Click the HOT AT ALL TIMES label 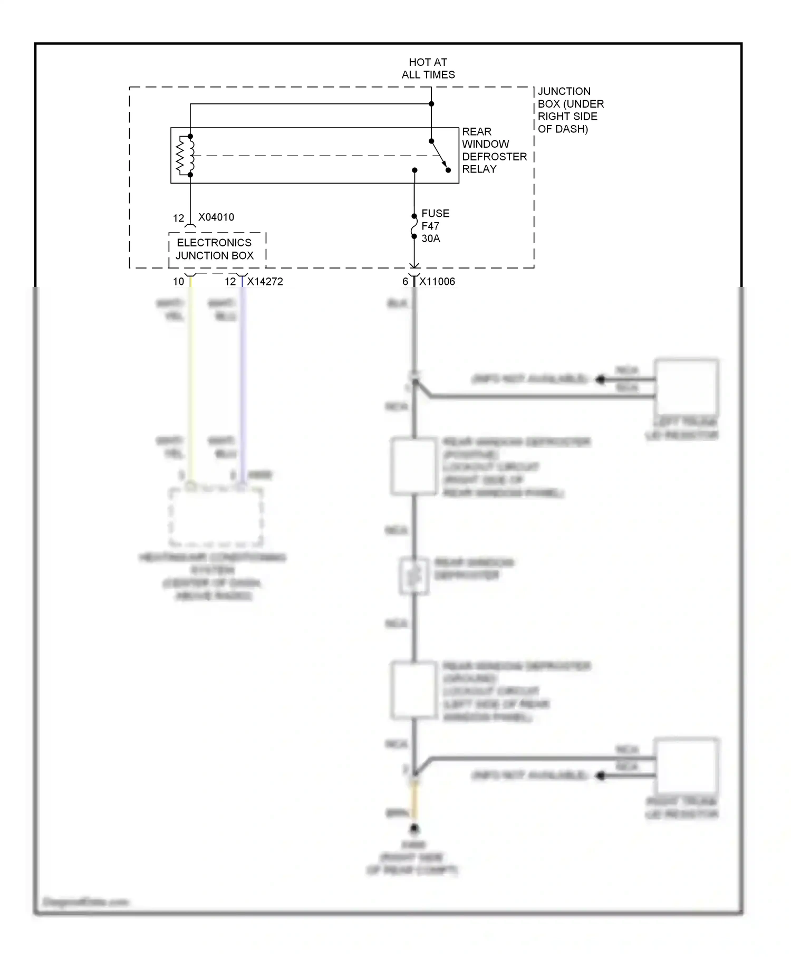pos(428,69)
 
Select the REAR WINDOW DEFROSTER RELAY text pos(494,150)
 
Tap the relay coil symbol pos(186,156)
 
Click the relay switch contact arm pos(439,155)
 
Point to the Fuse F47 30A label pos(435,226)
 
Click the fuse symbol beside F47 pos(414,226)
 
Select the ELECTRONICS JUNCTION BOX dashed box pos(217,250)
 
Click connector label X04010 pos(216,217)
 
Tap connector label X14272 pos(265,282)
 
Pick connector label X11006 pos(437,282)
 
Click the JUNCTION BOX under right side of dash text pos(570,110)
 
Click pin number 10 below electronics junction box pos(178,282)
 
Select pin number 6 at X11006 pos(405,282)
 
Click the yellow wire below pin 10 pos(190,380)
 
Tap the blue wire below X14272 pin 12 pos(242,380)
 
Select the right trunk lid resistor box pos(687,766)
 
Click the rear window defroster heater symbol pos(414,576)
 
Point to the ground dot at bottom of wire pos(414,828)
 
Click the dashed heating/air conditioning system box pos(215,518)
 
